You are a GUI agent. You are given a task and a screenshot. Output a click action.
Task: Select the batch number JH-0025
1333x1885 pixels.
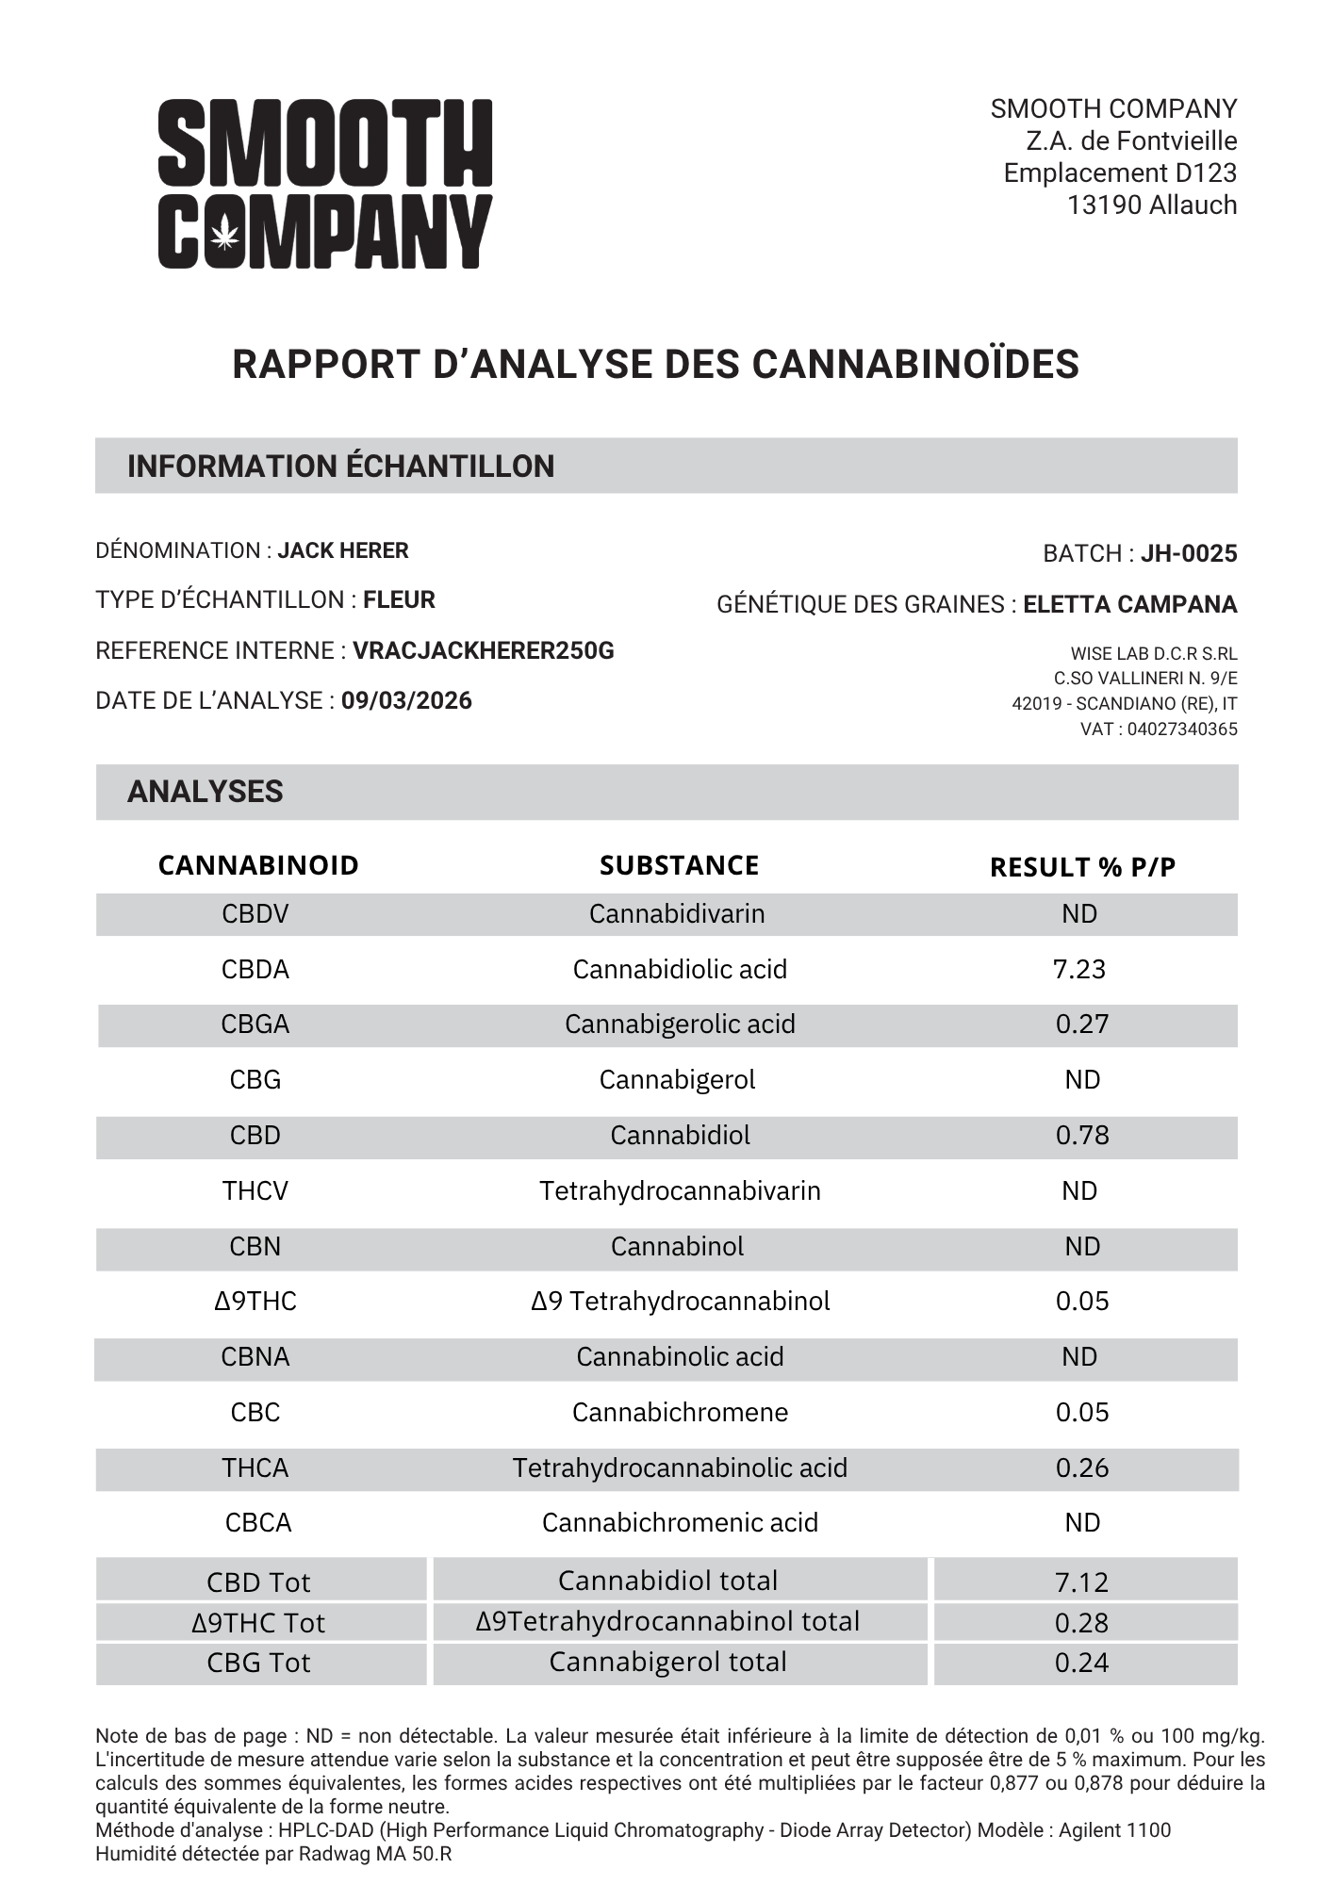pos(1188,553)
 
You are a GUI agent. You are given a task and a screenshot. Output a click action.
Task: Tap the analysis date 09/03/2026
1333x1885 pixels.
pos(406,700)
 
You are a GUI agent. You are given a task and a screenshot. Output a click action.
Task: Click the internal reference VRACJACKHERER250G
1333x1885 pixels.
pos(483,650)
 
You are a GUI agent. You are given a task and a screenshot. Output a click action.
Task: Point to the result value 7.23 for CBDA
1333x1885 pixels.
pos(1078,969)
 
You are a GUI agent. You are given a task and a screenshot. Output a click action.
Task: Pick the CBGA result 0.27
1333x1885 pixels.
pos(1081,1024)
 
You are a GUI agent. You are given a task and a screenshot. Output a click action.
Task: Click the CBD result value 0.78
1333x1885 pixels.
pos(1081,1135)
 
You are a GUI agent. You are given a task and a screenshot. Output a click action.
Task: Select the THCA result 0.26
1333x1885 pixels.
pos(1081,1467)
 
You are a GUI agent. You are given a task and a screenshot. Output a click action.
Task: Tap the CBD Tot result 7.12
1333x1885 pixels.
pos(1081,1582)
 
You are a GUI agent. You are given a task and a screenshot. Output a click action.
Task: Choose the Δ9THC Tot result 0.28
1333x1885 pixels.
pos(1081,1622)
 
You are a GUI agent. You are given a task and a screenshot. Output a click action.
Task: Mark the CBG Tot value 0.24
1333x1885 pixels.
pos(1081,1663)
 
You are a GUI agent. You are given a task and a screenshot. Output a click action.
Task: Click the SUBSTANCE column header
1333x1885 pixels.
pos(679,865)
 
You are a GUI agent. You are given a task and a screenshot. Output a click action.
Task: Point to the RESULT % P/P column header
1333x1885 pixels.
pos(1082,867)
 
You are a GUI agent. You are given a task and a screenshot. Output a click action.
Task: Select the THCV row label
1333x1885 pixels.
pos(255,1190)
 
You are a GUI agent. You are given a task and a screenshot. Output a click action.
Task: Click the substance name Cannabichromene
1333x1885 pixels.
pos(680,1412)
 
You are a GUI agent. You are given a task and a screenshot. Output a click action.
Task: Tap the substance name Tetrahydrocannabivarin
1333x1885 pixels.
pos(680,1190)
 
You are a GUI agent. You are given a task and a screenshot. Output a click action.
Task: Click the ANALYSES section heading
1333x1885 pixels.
pos(205,792)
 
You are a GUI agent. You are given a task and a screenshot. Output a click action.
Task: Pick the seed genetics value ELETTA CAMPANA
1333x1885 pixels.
pos(1129,604)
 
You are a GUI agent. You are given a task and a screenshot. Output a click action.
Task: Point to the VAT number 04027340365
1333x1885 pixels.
pos(1181,729)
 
